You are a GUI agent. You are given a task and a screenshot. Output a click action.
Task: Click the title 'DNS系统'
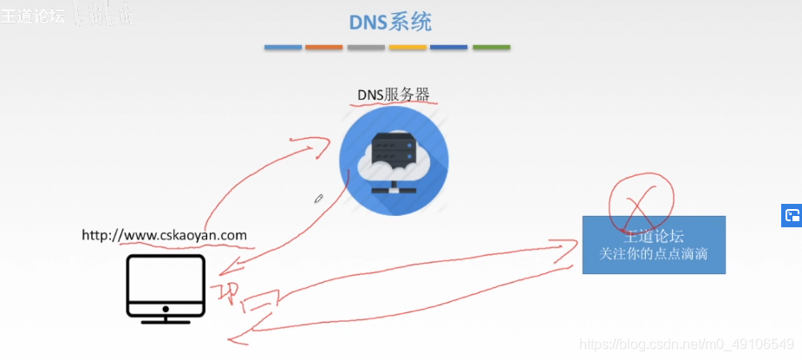point(390,21)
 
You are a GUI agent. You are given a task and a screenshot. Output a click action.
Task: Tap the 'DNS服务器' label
point(394,95)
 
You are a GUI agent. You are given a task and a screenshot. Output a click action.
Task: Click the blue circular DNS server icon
point(394,161)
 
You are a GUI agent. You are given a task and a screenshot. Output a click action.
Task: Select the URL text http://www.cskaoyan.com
point(164,235)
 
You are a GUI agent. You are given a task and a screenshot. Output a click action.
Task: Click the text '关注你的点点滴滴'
point(654,253)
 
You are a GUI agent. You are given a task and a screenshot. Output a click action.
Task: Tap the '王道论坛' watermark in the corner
point(33,15)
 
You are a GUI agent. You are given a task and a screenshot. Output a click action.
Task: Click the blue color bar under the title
point(283,47)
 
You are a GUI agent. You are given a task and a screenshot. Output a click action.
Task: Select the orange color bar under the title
point(324,47)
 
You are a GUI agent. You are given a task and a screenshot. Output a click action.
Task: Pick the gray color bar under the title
point(366,47)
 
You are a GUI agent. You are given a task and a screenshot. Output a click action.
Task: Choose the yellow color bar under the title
point(408,47)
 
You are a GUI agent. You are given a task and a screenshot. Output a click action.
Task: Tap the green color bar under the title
point(492,47)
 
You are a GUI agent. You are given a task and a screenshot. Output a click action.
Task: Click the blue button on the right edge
point(792,216)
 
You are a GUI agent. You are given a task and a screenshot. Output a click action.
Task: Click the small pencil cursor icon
point(319,199)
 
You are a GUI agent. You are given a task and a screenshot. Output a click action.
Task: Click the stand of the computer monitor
point(166,317)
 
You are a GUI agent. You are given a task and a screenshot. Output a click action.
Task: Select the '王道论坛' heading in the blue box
point(654,235)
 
